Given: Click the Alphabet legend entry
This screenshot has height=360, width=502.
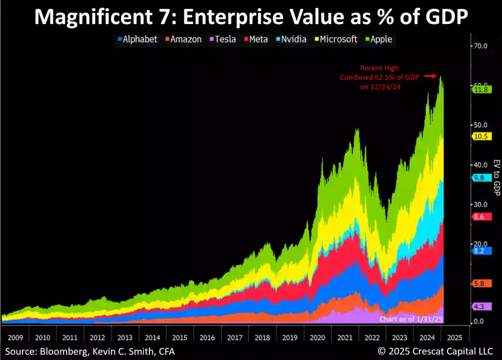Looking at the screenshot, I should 137,39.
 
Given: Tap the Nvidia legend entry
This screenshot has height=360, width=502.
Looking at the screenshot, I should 291,39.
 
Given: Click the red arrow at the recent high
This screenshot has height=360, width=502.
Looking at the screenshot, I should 430,76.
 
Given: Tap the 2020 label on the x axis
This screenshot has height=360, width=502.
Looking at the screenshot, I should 317,337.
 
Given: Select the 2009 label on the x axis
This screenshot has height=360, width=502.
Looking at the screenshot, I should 15,337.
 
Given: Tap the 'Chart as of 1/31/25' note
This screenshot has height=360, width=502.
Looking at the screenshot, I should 411,319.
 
